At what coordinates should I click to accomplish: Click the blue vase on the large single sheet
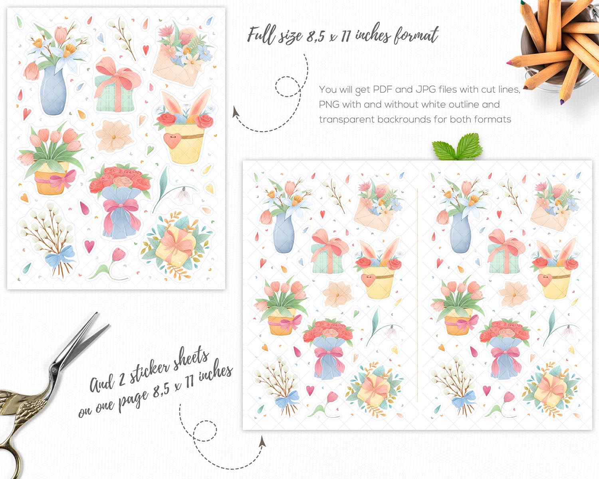53,91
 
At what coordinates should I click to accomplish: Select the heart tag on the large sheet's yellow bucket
172,141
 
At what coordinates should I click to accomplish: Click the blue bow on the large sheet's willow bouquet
60,255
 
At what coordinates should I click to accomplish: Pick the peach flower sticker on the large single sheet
114,136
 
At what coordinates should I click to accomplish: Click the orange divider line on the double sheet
418,295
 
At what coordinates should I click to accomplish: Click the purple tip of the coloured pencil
562,102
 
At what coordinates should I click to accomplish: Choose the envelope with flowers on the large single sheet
182,57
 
